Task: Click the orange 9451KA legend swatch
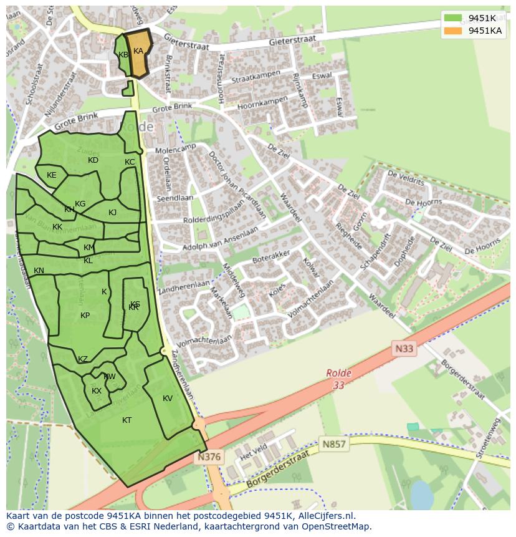pyautogui.click(x=453, y=31)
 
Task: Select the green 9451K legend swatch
pyautogui.click(x=453, y=18)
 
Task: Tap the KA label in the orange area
pyautogui.click(x=138, y=51)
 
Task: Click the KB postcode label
pyautogui.click(x=123, y=55)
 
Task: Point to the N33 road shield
pyautogui.click(x=404, y=349)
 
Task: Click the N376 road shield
pyautogui.click(x=209, y=457)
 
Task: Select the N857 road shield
pyautogui.click(x=333, y=444)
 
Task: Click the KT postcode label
pyautogui.click(x=127, y=420)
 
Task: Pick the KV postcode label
pyautogui.click(x=168, y=399)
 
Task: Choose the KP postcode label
pyautogui.click(x=85, y=316)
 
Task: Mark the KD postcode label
pyautogui.click(x=93, y=160)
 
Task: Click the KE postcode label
pyautogui.click(x=52, y=175)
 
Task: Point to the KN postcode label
pyautogui.click(x=39, y=271)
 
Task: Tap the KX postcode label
pyautogui.click(x=97, y=391)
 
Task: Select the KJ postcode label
pyautogui.click(x=113, y=213)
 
